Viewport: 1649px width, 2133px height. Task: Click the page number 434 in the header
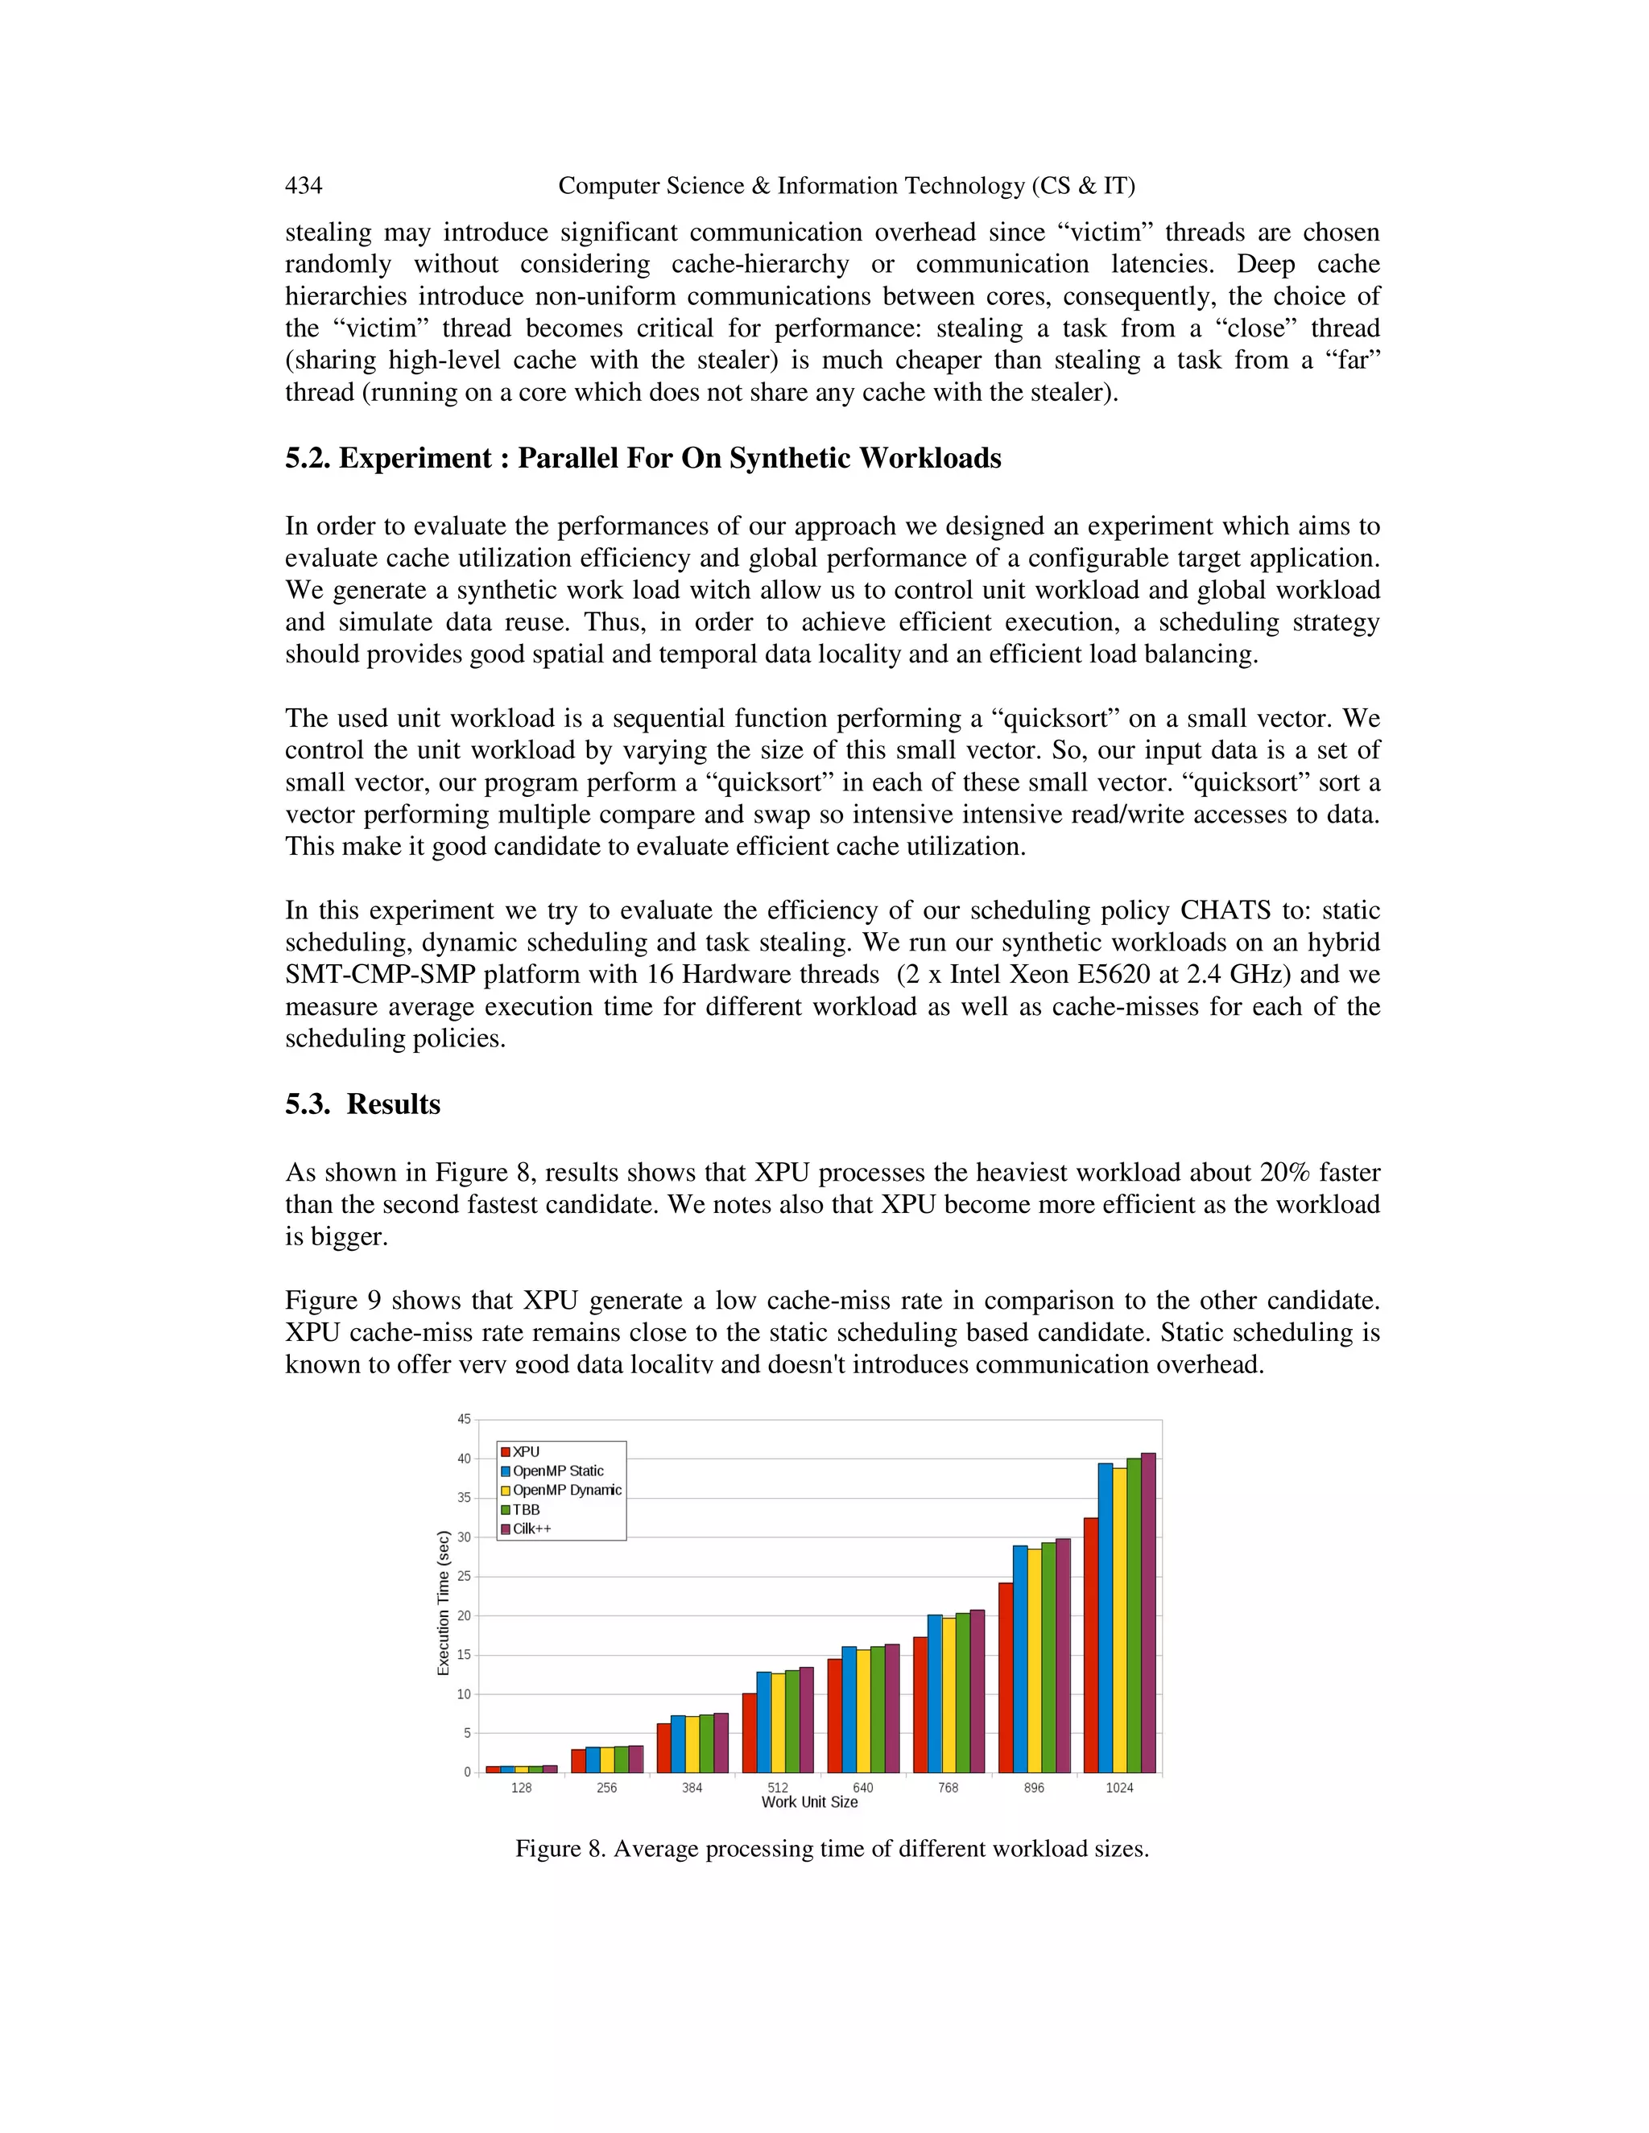(x=303, y=186)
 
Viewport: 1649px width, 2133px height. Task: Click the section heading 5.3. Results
(x=362, y=1104)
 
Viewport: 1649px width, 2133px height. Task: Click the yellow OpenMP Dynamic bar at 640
(x=862, y=1710)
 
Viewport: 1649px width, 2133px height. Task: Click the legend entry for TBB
(x=526, y=1509)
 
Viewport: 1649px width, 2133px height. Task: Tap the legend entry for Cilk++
(x=531, y=1529)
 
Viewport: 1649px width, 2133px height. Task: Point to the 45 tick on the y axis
(x=464, y=1419)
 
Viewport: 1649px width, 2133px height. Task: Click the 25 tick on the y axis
(x=464, y=1576)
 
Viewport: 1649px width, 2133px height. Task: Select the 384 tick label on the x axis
(x=692, y=1787)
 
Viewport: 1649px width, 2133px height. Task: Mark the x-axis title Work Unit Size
(x=809, y=1802)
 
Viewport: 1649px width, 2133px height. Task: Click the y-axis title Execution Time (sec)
(x=444, y=1603)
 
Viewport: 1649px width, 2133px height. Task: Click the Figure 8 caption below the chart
(x=831, y=1849)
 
